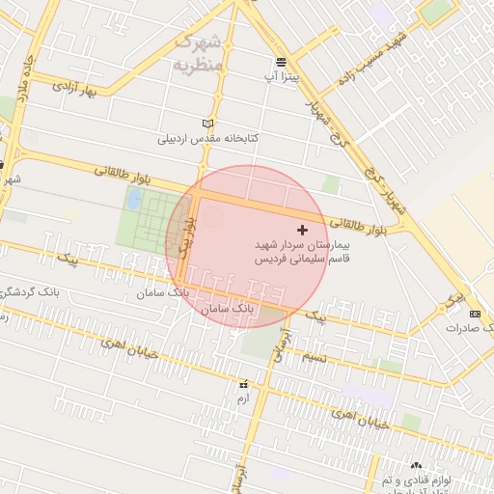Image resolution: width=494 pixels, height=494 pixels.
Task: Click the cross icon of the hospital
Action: point(303,230)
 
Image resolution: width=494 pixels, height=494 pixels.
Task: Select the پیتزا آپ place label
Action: point(285,75)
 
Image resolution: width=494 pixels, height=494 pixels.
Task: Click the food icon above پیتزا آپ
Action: point(281,61)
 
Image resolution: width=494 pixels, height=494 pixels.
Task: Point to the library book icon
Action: point(206,123)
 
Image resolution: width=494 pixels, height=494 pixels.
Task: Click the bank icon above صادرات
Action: point(474,314)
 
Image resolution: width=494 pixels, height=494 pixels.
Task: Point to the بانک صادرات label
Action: point(470,328)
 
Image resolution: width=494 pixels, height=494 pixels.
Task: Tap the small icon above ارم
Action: point(243,384)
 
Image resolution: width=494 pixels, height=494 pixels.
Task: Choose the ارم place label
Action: point(243,398)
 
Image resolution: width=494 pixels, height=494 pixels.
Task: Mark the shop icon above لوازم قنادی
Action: point(416,465)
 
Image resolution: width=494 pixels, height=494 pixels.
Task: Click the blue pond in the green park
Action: point(134,198)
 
